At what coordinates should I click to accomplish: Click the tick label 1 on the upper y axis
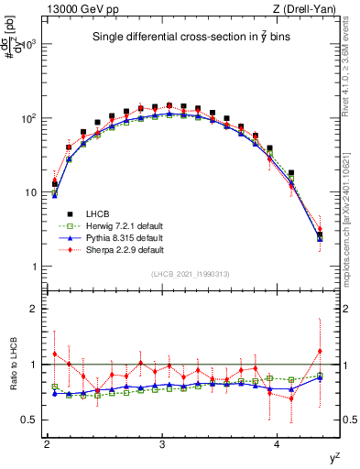tap(35, 267)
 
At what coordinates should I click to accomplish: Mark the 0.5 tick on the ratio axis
tap(31, 420)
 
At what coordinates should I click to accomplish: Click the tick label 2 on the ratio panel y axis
tap(35, 309)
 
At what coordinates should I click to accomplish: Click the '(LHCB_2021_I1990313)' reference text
tap(190, 275)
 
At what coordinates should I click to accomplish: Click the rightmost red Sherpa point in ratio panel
tap(320, 351)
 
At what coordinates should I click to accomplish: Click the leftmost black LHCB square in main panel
tap(55, 184)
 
